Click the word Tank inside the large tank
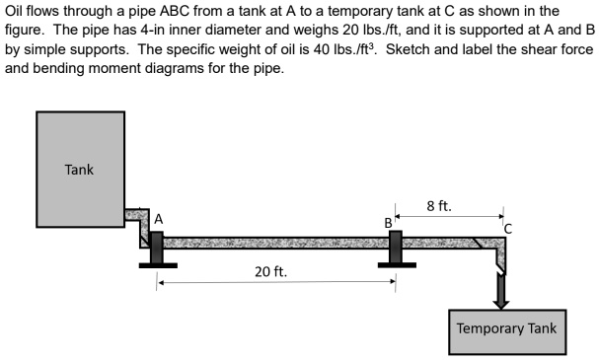pos(79,169)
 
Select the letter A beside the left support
pos(158,218)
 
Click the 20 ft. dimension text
pos(271,271)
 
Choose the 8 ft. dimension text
pos(439,206)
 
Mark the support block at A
pos(156,249)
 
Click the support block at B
pos(396,248)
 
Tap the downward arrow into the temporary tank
pos(501,291)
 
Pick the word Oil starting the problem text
pos(16,12)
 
